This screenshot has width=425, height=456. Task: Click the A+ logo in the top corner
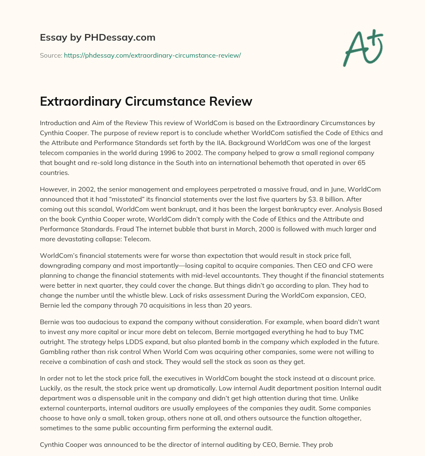click(x=362, y=48)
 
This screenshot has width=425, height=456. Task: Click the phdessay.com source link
click(x=152, y=55)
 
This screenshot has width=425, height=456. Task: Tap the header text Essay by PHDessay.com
click(x=98, y=38)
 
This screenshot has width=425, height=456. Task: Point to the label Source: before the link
click(x=51, y=55)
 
